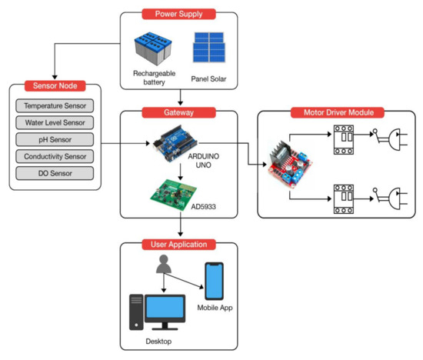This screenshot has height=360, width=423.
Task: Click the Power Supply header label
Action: pyautogui.click(x=179, y=13)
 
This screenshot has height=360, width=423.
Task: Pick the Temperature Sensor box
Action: pyautogui.click(x=54, y=105)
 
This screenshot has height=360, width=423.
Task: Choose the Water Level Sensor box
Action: pyautogui.click(x=54, y=122)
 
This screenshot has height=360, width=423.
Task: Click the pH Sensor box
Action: pyautogui.click(x=54, y=139)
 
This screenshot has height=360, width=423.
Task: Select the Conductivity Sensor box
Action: pyautogui.click(x=54, y=156)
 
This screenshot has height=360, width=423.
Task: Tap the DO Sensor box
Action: pyautogui.click(x=54, y=173)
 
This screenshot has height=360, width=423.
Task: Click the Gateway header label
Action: pyautogui.click(x=178, y=112)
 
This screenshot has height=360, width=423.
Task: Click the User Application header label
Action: pyautogui.click(x=178, y=245)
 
